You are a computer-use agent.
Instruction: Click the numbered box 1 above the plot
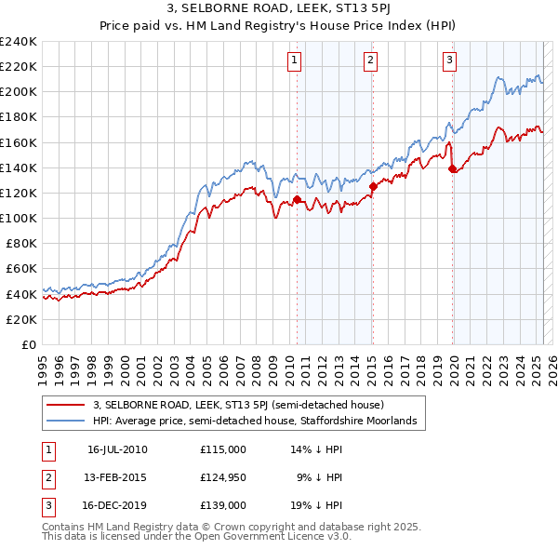tap(294, 61)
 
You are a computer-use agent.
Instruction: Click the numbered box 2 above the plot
tap(370, 61)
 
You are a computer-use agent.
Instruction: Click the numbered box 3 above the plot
tap(449, 61)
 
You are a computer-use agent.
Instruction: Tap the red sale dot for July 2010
tap(297, 199)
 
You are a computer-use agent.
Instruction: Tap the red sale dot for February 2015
tap(373, 186)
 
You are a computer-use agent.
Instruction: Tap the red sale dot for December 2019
tap(453, 168)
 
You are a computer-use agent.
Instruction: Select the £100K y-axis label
tap(18, 218)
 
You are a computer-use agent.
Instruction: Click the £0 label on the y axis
tap(28, 344)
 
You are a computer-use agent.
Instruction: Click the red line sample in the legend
tap(66, 405)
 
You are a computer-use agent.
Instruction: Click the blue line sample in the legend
tap(66, 421)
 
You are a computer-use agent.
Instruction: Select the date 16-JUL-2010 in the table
tap(118, 449)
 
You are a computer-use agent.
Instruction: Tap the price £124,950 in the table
tap(223, 478)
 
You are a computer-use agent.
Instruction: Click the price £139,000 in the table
tap(223, 506)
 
